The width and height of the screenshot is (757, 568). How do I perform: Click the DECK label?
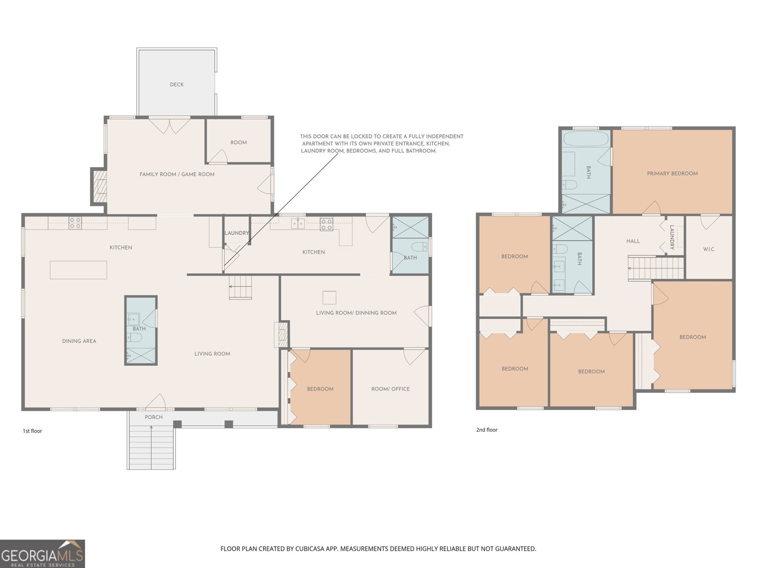176,85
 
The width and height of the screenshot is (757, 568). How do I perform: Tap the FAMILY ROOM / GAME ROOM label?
177,175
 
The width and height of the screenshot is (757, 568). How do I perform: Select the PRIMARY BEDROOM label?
672,173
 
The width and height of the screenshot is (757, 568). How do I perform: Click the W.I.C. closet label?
709,249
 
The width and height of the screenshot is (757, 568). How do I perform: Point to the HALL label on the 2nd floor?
633,241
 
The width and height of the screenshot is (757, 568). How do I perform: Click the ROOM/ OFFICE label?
390,389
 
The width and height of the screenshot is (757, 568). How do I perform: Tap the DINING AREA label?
79,341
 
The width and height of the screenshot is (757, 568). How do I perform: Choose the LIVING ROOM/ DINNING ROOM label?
356,313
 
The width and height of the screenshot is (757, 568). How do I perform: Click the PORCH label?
153,417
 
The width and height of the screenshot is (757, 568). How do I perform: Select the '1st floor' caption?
33,431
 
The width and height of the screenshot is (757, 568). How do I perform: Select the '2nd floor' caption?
487,430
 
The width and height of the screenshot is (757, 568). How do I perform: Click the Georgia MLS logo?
43,554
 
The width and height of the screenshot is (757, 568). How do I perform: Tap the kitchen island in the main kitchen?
78,270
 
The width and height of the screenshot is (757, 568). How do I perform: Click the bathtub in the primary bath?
586,138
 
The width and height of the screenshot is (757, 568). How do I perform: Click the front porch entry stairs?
151,447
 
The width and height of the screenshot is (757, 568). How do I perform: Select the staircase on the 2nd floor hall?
656,267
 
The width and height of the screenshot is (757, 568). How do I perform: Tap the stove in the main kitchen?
75,223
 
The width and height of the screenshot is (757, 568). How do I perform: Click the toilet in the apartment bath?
418,247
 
